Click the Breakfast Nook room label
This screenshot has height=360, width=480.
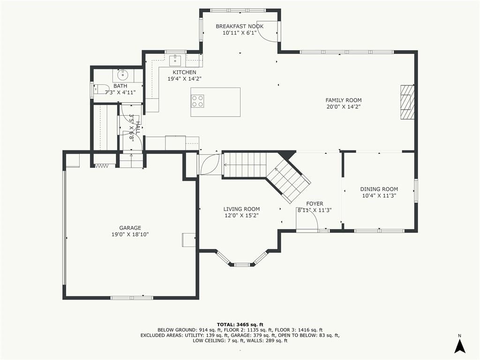click(x=240, y=26)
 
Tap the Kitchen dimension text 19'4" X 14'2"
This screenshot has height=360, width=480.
click(x=184, y=79)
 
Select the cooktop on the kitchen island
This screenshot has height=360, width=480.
click(x=197, y=101)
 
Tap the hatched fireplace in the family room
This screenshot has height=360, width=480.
click(x=407, y=102)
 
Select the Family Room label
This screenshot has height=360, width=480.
click(x=344, y=100)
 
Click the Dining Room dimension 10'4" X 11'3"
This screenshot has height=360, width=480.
click(x=379, y=195)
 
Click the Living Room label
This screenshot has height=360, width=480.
click(x=241, y=209)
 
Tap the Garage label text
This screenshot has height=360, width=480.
click(x=130, y=228)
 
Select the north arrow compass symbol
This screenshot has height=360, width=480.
click(x=459, y=345)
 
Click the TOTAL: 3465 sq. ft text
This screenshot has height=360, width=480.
click(x=240, y=324)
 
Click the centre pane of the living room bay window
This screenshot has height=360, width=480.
click(x=242, y=264)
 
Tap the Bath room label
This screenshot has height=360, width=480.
click(x=120, y=86)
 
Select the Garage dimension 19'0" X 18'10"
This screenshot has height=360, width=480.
click(x=130, y=234)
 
